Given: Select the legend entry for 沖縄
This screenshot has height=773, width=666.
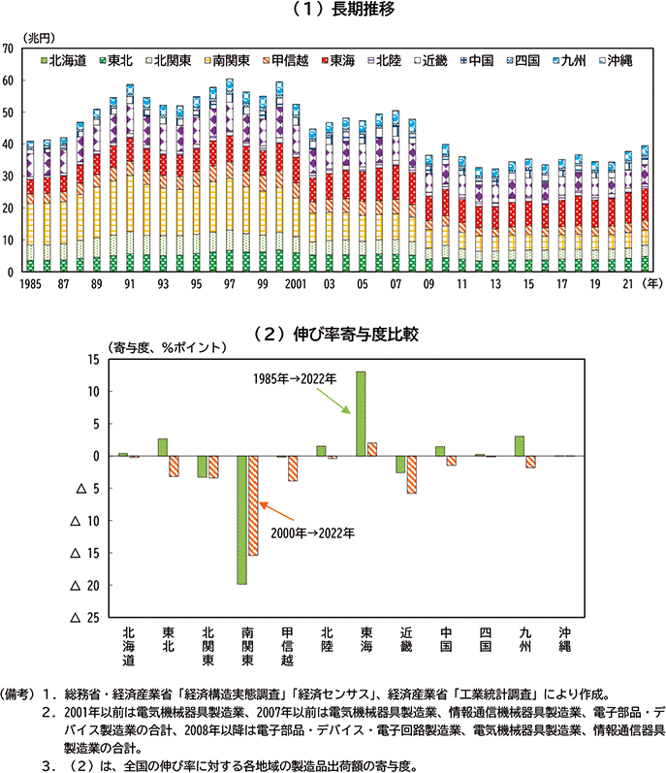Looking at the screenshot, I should (x=614, y=60).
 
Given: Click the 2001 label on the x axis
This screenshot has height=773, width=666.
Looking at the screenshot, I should (x=296, y=283).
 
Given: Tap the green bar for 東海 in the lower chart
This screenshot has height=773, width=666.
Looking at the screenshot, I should (x=361, y=413).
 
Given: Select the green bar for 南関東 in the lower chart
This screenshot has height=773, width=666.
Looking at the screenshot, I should (x=241, y=520).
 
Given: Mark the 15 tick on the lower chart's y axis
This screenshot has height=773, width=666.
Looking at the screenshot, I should (x=93, y=360).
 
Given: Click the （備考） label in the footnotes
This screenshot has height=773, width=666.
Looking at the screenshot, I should (x=21, y=694).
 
